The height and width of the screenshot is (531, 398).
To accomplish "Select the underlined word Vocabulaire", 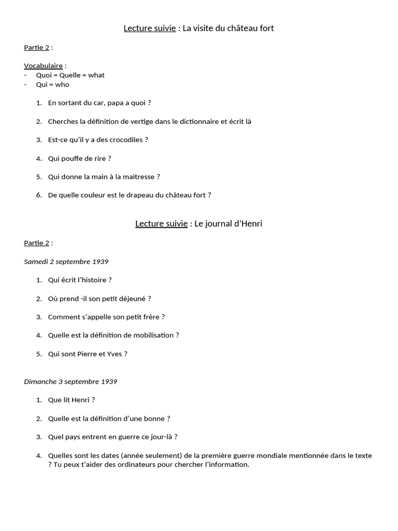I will click(43, 66).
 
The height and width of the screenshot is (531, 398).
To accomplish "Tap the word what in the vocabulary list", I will click(96, 75).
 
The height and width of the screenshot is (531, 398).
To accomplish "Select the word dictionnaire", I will click(198, 121).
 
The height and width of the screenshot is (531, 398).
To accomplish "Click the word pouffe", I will click(74, 158).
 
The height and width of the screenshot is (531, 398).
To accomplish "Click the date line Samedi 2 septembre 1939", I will click(66, 261).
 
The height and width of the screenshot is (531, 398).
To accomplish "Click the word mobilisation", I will click(151, 336).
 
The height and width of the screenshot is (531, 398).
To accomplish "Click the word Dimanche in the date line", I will click(40, 382).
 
